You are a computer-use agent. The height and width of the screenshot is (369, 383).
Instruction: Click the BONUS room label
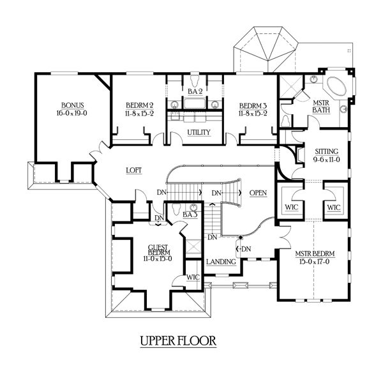coord(73,105)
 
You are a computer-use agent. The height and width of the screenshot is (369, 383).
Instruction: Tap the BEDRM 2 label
coord(140,105)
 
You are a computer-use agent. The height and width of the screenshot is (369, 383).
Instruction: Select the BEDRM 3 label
coord(253,106)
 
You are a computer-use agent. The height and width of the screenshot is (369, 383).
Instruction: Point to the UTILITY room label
coord(199,132)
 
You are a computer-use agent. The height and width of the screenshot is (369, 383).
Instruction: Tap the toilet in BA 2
coord(195,79)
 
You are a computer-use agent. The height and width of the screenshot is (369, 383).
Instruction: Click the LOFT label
coord(134,170)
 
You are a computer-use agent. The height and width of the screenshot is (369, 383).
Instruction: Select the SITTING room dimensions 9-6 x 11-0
coord(327,160)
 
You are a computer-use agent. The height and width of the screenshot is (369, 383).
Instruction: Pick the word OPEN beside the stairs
coord(258,193)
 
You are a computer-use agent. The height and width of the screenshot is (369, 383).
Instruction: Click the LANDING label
coord(221,262)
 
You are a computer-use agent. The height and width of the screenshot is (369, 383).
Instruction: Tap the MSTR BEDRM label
coord(315,253)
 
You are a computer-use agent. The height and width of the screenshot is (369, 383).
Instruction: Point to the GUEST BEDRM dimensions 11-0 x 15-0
coord(158,259)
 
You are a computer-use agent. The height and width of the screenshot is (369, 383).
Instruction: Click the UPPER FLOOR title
coord(178,341)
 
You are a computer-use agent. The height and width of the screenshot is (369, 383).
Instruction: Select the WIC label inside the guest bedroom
coord(193,278)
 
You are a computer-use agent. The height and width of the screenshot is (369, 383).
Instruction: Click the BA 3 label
coord(190,215)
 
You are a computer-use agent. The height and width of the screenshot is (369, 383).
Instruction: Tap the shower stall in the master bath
coord(290,86)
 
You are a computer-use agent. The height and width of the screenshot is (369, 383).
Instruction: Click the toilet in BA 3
coord(176,209)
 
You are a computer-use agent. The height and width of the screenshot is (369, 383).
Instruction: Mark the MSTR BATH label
coord(321,107)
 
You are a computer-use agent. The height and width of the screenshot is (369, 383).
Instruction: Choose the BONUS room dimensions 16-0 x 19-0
coord(72,113)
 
